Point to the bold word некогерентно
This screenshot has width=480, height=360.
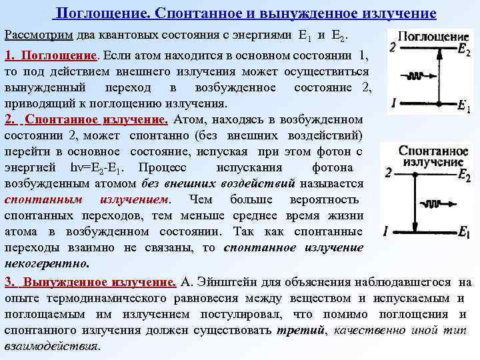tap(46, 263)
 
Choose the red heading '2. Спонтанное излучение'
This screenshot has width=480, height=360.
tap(86, 119)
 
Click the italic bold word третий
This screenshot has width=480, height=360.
tap(291, 330)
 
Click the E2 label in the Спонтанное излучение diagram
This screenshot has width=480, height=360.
tap(465, 175)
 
